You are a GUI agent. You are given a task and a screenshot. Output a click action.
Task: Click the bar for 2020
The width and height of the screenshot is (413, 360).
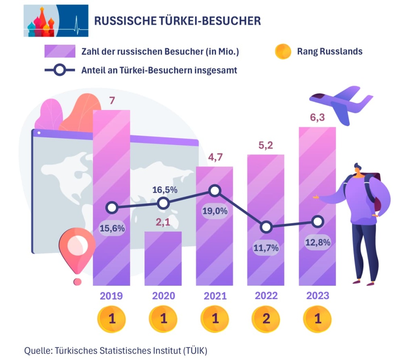point(163,258)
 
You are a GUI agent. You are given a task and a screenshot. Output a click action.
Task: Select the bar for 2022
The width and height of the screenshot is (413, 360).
point(266,194)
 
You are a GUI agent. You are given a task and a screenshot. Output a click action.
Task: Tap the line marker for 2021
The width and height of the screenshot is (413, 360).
point(215,191)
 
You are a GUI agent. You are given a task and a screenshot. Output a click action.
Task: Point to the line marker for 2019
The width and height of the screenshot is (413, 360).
point(112,208)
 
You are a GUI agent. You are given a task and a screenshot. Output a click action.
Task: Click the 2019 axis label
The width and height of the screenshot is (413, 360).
point(111,296)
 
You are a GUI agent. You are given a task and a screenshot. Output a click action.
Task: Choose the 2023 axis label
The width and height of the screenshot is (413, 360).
point(318,296)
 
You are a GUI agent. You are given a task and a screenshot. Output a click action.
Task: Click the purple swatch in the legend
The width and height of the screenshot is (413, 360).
point(60,52)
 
